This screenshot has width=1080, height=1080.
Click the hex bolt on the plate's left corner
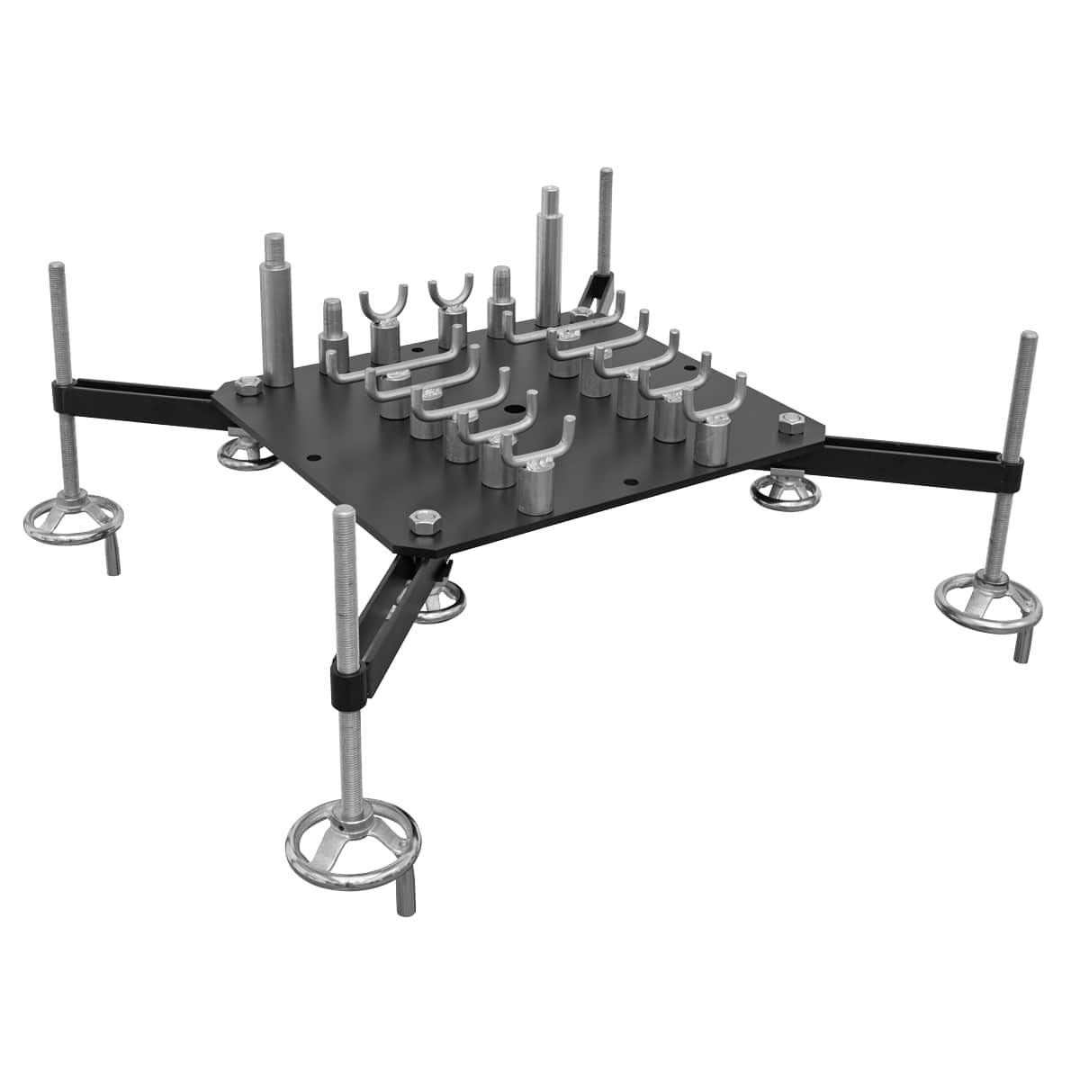(x=247, y=386)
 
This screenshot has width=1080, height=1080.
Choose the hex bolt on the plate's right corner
(x=790, y=420)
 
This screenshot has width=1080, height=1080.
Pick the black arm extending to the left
(x=135, y=396)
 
